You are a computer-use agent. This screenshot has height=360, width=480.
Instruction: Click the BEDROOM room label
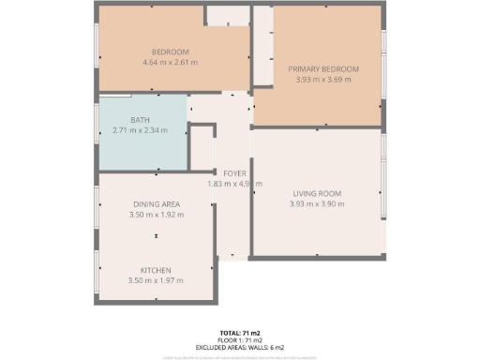click(x=171, y=52)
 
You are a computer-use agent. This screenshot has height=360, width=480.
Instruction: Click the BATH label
click(x=140, y=120)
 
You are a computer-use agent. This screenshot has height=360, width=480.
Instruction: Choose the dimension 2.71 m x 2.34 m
click(x=140, y=130)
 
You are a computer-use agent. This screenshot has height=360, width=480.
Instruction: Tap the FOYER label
click(x=233, y=173)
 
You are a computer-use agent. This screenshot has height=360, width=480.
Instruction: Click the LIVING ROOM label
click(x=316, y=194)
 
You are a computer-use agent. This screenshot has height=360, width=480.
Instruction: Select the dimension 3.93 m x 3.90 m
click(x=316, y=204)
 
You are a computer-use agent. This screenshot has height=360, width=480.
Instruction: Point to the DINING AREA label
click(x=157, y=203)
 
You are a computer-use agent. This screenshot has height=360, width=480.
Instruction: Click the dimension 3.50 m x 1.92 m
click(x=157, y=214)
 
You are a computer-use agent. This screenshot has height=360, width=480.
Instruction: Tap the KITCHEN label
click(x=157, y=270)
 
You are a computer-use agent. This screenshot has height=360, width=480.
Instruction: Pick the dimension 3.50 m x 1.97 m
click(x=157, y=280)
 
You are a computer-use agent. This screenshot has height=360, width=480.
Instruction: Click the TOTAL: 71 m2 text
click(x=240, y=333)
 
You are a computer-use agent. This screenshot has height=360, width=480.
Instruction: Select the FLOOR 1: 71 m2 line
click(x=240, y=340)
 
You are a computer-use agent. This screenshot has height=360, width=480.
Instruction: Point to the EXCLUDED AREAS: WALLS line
click(x=240, y=347)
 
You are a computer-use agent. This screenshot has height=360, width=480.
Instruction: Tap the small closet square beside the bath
click(x=202, y=147)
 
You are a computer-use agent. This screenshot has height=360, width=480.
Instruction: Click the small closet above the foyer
click(x=228, y=16)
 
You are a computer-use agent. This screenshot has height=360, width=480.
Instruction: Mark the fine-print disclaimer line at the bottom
click(x=240, y=355)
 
